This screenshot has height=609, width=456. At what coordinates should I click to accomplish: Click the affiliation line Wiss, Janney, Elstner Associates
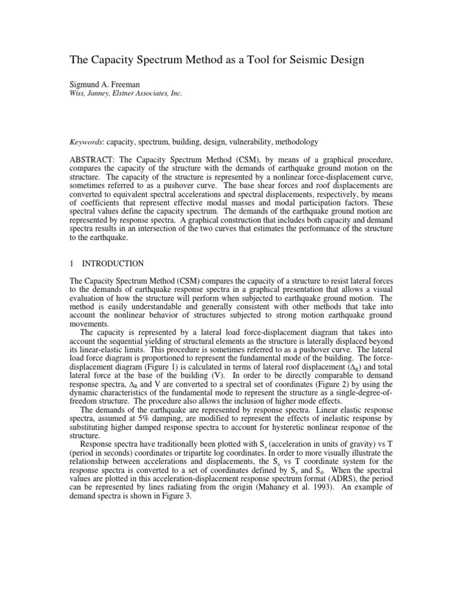126,93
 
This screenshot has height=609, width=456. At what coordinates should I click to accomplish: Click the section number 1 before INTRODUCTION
72,262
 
